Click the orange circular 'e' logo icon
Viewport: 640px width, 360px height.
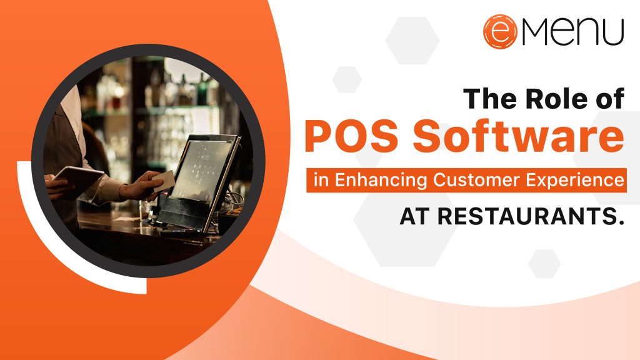click(500, 32)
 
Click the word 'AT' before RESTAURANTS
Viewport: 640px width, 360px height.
click(414, 217)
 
